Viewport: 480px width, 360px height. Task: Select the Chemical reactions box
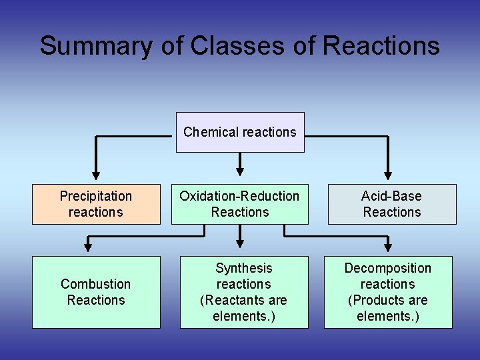pos(240,132)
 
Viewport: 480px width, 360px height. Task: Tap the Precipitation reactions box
pos(96,204)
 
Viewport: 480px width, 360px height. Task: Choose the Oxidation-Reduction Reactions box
pos(240,204)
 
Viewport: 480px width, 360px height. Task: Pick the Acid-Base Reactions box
pos(392,204)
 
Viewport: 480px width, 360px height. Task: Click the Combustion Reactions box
pos(96,292)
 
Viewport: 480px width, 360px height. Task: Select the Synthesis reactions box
pos(244,292)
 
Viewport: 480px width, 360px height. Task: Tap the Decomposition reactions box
pos(388,292)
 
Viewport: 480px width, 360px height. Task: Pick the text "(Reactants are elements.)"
pos(244,308)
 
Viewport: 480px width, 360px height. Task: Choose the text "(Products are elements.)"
pos(388,308)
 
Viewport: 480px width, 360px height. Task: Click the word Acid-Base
pos(392,196)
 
